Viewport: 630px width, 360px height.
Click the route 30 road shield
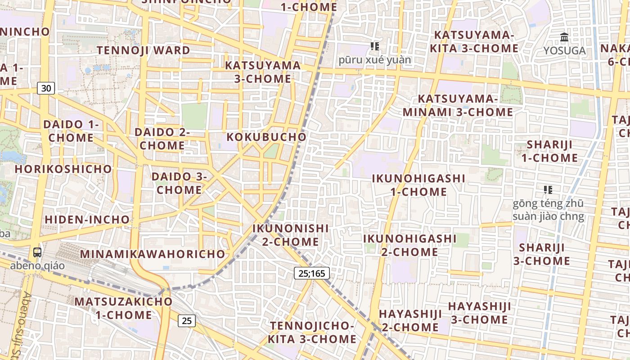pyautogui.click(x=46, y=88)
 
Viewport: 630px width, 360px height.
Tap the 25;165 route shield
pyautogui.click(x=312, y=273)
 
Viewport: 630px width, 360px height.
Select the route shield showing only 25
pyautogui.click(x=187, y=321)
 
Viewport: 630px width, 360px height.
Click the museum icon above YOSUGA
pyautogui.click(x=564, y=37)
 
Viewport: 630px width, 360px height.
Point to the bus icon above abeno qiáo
pyautogui.click(x=37, y=252)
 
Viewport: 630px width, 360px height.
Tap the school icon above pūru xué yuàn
pyautogui.click(x=375, y=46)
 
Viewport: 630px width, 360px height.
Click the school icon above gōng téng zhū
pyautogui.click(x=548, y=190)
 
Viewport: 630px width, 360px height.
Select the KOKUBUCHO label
pyautogui.click(x=266, y=137)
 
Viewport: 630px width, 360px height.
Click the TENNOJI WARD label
pyautogui.click(x=144, y=50)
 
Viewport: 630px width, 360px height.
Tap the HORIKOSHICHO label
pyautogui.click(x=63, y=169)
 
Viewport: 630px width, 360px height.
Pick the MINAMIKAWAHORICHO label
pyautogui.click(x=153, y=254)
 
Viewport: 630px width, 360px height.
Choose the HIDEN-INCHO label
pyautogui.click(x=87, y=220)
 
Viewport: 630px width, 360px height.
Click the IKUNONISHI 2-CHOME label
pyautogui.click(x=291, y=235)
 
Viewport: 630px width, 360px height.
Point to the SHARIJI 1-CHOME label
pyautogui.click(x=549, y=151)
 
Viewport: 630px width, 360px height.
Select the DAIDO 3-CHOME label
pyautogui.click(x=179, y=183)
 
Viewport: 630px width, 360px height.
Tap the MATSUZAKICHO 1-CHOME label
pyautogui.click(x=123, y=308)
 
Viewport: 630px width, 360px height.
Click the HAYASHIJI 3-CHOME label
pyautogui.click(x=480, y=313)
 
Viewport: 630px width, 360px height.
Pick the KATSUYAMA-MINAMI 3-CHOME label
pyautogui.click(x=458, y=105)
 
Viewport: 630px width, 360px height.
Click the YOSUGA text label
pyautogui.click(x=564, y=51)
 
